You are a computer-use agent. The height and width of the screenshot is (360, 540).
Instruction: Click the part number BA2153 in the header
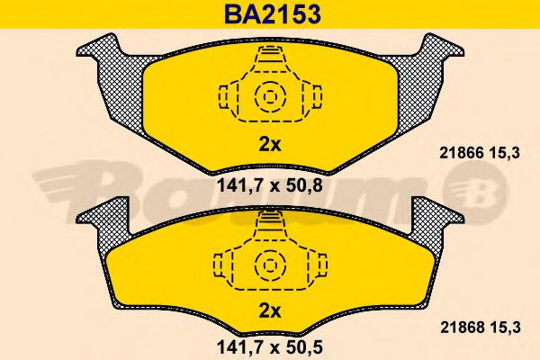pos(268,15)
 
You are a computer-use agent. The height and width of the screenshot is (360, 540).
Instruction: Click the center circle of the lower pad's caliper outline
pos(267,265)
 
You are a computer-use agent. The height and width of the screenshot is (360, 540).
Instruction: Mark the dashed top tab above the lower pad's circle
pos(267,223)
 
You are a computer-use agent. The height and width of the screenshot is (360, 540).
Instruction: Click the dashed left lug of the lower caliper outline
pos(221,265)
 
